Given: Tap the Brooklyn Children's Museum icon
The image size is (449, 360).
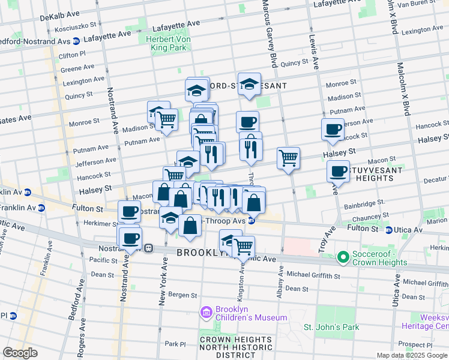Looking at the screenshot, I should (206, 312).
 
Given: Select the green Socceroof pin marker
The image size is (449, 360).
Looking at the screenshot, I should (343, 257).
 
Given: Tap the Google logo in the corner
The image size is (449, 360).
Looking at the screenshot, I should (20, 353).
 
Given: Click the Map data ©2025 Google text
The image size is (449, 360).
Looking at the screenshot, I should (411, 355).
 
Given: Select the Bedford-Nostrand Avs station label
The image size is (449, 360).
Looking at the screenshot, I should (36, 41).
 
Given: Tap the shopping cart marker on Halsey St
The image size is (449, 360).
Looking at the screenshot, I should (289, 158).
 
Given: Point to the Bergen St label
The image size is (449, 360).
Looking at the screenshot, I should (182, 295).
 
